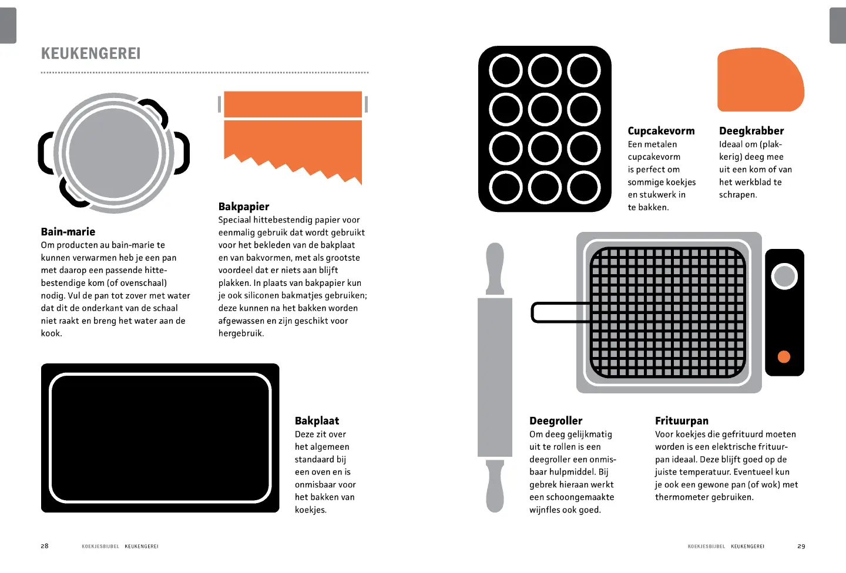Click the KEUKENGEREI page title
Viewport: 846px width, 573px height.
tap(90, 53)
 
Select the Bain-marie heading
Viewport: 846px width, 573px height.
tap(68, 231)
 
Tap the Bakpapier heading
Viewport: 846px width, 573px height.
tap(244, 207)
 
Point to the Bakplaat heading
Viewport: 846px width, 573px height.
tap(317, 420)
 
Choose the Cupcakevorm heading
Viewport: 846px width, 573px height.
tap(661, 131)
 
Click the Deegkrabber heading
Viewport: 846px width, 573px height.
tap(751, 131)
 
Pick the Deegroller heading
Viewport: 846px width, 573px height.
tap(556, 420)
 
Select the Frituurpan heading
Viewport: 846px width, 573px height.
tap(681, 420)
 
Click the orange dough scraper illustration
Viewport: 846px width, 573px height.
tap(760, 80)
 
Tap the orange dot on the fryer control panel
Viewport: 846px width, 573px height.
tap(784, 357)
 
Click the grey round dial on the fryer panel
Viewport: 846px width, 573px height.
tap(784, 277)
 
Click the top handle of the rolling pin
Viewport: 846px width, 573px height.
tap(495, 268)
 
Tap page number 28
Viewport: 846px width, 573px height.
tap(45, 546)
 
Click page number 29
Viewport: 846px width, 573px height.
tap(801, 546)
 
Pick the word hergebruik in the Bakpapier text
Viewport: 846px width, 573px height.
tap(241, 333)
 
